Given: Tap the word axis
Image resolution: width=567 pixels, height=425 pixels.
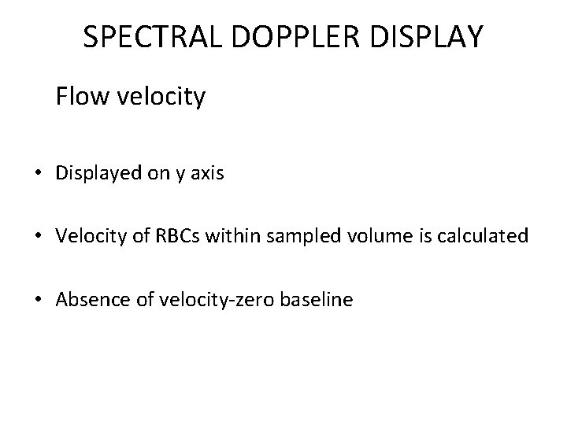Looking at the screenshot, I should coord(207,174).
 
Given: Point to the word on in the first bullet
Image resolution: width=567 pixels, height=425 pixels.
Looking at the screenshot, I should coord(156,175).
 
